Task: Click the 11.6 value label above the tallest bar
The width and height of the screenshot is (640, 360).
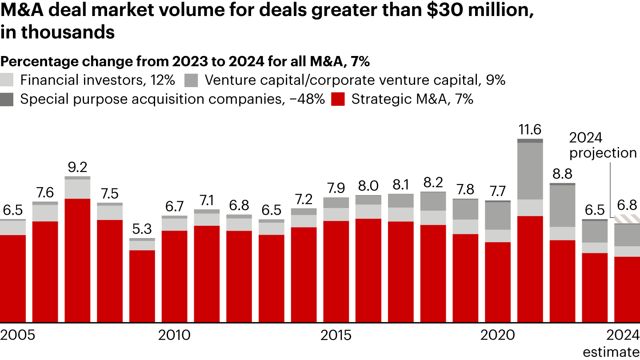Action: pos(530,130)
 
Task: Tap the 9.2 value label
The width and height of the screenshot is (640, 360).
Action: pos(77,168)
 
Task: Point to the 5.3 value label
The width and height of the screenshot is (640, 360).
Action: pos(142,229)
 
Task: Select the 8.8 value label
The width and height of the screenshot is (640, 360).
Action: pos(562,174)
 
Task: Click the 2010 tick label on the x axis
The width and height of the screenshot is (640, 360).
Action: pos(174,335)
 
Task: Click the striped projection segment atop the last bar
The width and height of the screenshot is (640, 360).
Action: pos(627,220)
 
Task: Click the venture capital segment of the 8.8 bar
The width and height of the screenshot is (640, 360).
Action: pos(562,206)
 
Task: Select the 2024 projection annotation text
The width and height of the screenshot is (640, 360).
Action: pos(603,145)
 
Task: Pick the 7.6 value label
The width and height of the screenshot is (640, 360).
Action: pos(45,193)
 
